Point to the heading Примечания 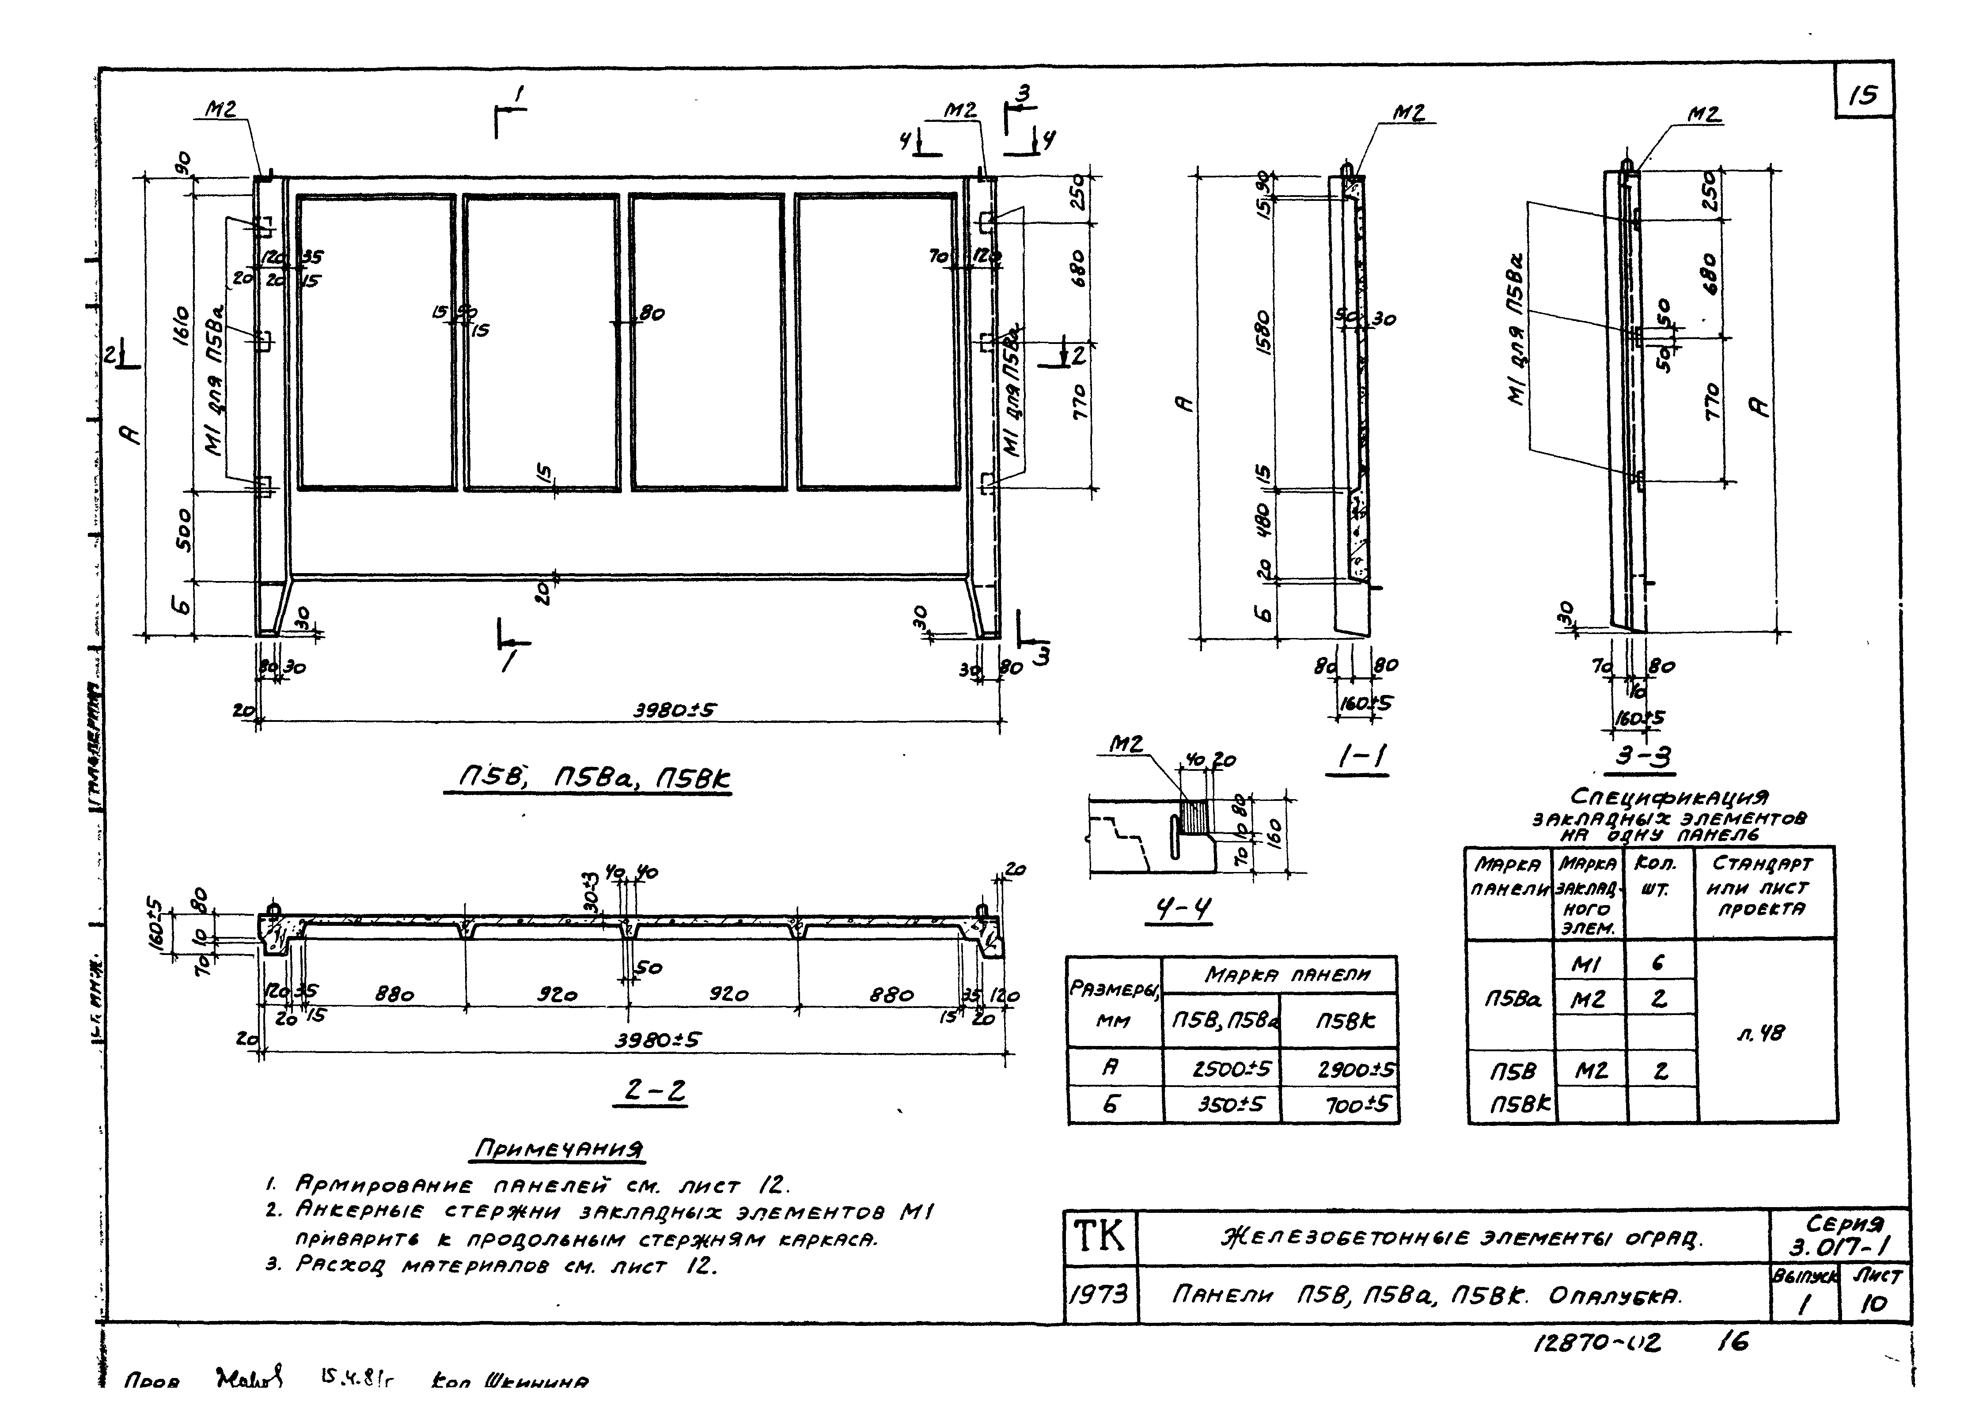click(559, 1150)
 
